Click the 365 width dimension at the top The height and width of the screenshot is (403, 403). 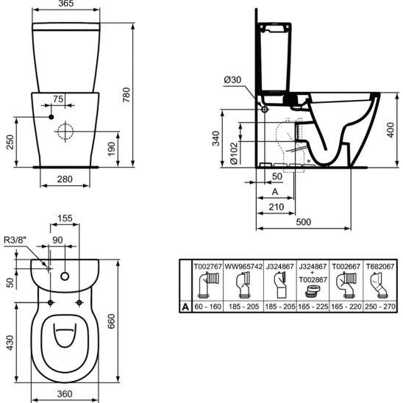click(x=66, y=4)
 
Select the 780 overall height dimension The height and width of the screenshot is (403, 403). click(x=126, y=95)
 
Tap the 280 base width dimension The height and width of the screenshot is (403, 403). click(x=65, y=179)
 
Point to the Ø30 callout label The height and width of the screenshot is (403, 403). click(x=232, y=80)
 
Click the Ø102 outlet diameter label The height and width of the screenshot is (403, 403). click(x=234, y=154)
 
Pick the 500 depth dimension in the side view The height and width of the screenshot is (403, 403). click(x=304, y=222)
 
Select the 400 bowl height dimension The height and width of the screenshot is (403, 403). click(x=390, y=129)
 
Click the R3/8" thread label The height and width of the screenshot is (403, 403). click(x=15, y=240)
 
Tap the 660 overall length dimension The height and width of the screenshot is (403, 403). click(x=111, y=321)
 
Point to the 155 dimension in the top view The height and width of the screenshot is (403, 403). click(x=65, y=218)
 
